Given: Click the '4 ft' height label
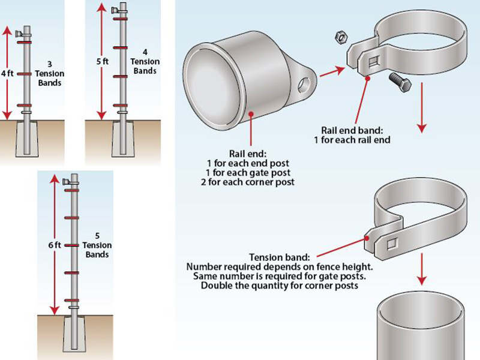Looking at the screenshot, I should (x=7, y=73).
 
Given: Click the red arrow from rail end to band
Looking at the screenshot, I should (x=329, y=71).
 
